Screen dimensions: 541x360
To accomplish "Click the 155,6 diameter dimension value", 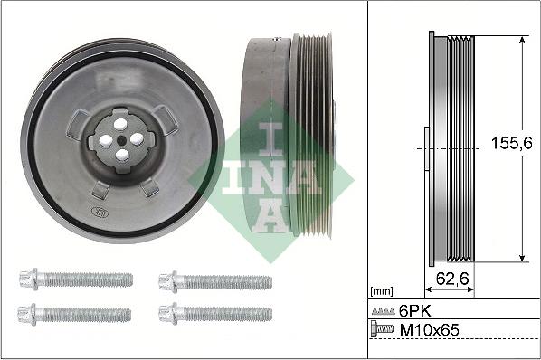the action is [512, 143].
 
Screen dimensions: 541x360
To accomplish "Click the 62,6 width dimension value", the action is [452, 279].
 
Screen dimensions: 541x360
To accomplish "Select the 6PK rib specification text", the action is [414, 311].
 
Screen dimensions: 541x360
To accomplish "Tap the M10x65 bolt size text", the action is [429, 330].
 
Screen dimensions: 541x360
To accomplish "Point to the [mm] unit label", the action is [381, 291].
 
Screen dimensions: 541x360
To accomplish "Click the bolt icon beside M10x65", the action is [382, 328].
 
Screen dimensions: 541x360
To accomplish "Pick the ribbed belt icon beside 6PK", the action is [384, 311].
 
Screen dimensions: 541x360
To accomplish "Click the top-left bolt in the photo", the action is [76, 279].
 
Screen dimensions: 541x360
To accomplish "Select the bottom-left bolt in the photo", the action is [74, 315].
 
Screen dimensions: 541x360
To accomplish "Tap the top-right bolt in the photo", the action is [215, 281].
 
